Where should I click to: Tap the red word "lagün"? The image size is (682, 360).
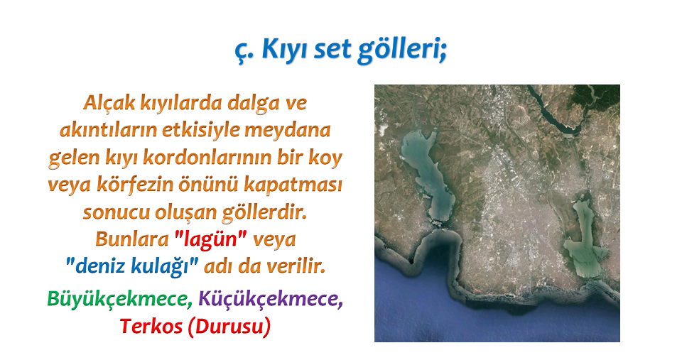coord(210,239)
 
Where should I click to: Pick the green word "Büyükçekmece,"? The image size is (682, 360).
coord(119,299)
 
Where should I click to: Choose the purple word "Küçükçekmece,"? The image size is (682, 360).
coord(271,299)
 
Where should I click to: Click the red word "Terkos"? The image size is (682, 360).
coord(151,326)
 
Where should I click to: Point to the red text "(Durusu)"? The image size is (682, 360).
coord(229,327)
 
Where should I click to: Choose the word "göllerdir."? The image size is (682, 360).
coord(264,212)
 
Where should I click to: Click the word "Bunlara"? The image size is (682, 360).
coord(132,239)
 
